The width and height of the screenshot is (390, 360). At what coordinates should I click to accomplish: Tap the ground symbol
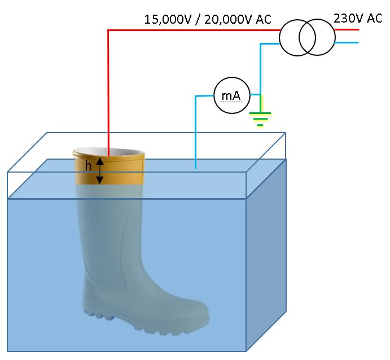260,118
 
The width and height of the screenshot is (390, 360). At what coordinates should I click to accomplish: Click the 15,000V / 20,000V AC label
208,19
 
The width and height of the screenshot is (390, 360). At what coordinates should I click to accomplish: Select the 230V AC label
358,18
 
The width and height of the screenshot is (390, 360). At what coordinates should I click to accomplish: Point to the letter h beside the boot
88,166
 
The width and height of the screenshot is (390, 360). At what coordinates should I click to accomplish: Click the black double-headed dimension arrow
99,170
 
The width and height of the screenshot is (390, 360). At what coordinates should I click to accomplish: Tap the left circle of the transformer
296,38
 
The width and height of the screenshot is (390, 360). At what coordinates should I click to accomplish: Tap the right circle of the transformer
318,38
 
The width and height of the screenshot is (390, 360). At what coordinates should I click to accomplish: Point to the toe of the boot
200,322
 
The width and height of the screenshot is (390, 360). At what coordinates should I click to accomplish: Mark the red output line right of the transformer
347,30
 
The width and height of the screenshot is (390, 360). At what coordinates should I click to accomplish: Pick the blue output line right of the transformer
347,43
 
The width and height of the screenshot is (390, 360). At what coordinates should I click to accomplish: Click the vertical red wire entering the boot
108,90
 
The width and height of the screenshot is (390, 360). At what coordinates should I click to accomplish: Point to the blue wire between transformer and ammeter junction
260,68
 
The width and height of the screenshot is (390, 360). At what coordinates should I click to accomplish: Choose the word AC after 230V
375,18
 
